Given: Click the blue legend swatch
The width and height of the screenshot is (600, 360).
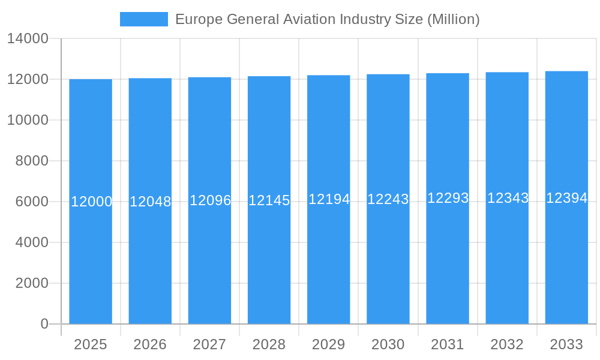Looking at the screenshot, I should (144, 19).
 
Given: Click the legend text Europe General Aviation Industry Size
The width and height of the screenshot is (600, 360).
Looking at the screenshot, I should (327, 19).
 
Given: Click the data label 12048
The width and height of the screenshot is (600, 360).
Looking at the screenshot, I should (150, 202).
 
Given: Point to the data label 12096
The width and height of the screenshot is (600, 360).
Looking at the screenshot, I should (210, 200).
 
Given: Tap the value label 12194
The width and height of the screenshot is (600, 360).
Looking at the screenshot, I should (329, 199).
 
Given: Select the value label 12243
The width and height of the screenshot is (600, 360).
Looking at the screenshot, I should (388, 199).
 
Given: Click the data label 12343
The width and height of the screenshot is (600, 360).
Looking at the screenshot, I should (508, 198).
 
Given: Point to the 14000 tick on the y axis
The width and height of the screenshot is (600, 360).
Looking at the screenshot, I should (28, 38).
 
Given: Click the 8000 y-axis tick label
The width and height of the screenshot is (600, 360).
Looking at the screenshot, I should (31, 161).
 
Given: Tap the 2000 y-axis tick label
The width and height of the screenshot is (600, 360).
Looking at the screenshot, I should (31, 283).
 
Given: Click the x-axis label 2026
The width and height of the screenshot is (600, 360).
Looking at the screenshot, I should (150, 344).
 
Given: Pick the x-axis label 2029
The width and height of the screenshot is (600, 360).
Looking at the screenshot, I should (329, 344).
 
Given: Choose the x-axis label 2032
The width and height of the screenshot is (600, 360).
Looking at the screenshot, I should (507, 344).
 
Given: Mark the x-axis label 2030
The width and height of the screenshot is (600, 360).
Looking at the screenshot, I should (388, 344).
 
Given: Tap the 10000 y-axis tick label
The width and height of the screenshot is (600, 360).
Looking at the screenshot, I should (28, 120).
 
